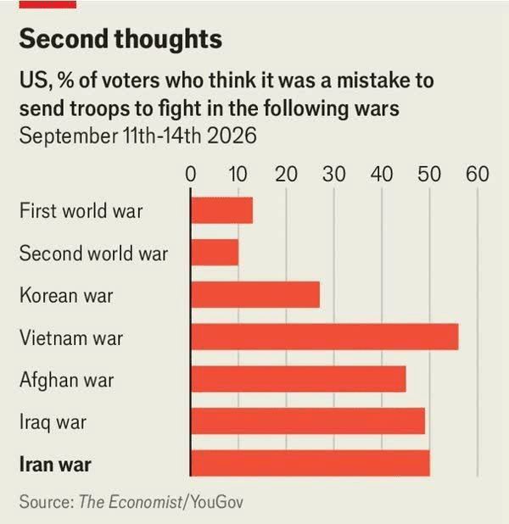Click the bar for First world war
[x=221, y=210]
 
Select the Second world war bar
[x=215, y=253]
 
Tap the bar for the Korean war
[x=255, y=295]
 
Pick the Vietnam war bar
[x=325, y=337]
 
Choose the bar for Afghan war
[x=299, y=379]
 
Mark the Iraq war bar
[x=308, y=421]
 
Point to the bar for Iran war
[x=310, y=463]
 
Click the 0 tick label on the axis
[x=191, y=174]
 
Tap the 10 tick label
[x=238, y=174]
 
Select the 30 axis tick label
[x=334, y=174]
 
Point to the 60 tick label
[x=478, y=174]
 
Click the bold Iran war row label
[x=55, y=465]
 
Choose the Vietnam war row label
[x=71, y=337]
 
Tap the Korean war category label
[x=66, y=295]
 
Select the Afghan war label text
[x=66, y=381]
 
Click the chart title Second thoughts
[x=120, y=40]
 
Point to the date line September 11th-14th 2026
[x=137, y=136]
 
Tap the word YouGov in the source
[x=216, y=502]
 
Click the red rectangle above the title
[x=48, y=4]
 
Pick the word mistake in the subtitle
[x=374, y=81]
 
